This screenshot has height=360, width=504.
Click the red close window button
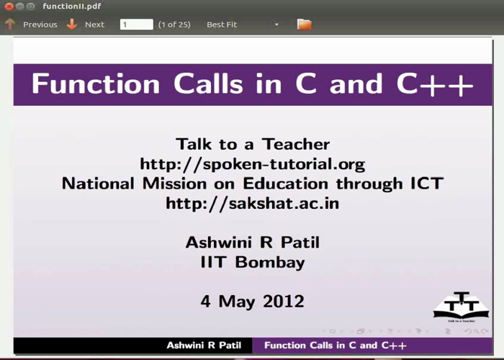point(9,6)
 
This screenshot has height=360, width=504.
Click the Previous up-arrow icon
point(10,24)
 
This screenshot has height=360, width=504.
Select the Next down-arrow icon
point(72,24)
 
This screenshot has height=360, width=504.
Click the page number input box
point(137,24)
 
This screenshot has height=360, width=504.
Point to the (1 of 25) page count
point(174,24)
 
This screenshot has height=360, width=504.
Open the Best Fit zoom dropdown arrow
point(276,24)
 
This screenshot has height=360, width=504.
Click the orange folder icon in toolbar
point(305,24)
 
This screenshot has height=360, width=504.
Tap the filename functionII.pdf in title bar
point(72,6)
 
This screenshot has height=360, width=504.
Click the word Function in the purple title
point(96,84)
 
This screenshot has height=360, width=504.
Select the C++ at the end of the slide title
point(435,84)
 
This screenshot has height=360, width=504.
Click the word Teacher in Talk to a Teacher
point(296,144)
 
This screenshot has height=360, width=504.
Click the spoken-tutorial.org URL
point(253,164)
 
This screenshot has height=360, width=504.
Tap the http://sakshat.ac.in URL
point(253,204)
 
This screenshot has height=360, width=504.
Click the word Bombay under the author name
point(270,262)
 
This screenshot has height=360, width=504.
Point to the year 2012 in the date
point(284,302)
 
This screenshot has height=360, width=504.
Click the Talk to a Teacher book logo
point(462,307)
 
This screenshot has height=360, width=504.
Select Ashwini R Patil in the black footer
point(204,345)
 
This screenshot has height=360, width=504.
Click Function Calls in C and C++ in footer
point(336,345)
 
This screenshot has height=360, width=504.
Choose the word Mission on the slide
point(174,184)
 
